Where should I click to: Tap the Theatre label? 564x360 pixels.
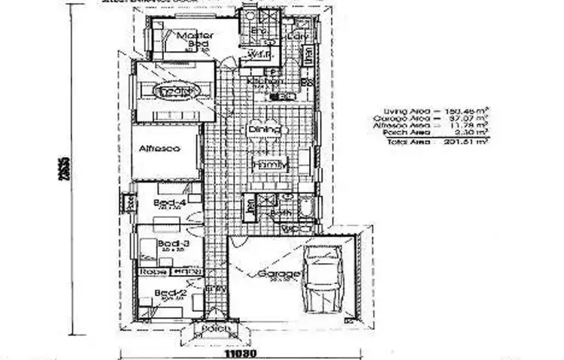173,90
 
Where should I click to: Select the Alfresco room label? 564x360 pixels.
159,149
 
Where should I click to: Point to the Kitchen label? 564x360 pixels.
265,81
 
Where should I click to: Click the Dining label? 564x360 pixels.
264,130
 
